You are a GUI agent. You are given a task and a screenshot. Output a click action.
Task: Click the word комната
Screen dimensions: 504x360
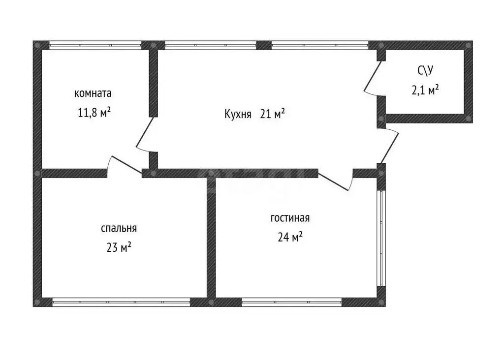pyautogui.click(x=93, y=93)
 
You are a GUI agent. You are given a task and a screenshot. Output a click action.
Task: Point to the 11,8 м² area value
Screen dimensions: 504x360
pyautogui.click(x=94, y=113)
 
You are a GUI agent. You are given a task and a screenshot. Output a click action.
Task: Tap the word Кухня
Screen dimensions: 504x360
pyautogui.click(x=238, y=114)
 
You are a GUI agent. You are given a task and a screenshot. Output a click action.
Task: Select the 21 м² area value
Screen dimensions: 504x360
pyautogui.click(x=272, y=114)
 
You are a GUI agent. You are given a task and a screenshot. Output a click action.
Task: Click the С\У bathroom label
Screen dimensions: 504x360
pyautogui.click(x=425, y=70)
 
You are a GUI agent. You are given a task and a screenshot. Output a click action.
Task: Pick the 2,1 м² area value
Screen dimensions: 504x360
pyautogui.click(x=425, y=90)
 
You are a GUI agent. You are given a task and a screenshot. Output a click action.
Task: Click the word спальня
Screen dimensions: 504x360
pyautogui.click(x=119, y=228)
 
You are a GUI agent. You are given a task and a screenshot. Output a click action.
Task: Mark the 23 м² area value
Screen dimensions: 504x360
pyautogui.click(x=119, y=247)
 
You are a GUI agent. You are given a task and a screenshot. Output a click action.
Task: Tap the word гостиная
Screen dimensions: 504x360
pyautogui.click(x=290, y=218)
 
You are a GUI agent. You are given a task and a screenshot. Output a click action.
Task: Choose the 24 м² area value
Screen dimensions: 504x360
pyautogui.click(x=290, y=237)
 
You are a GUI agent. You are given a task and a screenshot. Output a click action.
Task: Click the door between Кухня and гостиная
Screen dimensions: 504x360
pyautogui.click(x=336, y=180)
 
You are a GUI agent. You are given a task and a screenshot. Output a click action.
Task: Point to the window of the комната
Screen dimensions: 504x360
pyautogui.click(x=95, y=45)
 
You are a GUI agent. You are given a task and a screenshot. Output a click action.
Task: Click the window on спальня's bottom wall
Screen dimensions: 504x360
pyautogui.click(x=121, y=302)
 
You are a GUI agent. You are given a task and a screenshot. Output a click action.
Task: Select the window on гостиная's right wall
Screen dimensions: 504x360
pyautogui.click(x=381, y=238)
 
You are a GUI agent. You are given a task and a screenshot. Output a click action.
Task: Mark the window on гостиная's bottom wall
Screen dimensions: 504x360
pyautogui.click(x=291, y=302)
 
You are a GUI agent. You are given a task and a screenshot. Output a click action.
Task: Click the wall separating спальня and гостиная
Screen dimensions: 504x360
pyautogui.click(x=211, y=238)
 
